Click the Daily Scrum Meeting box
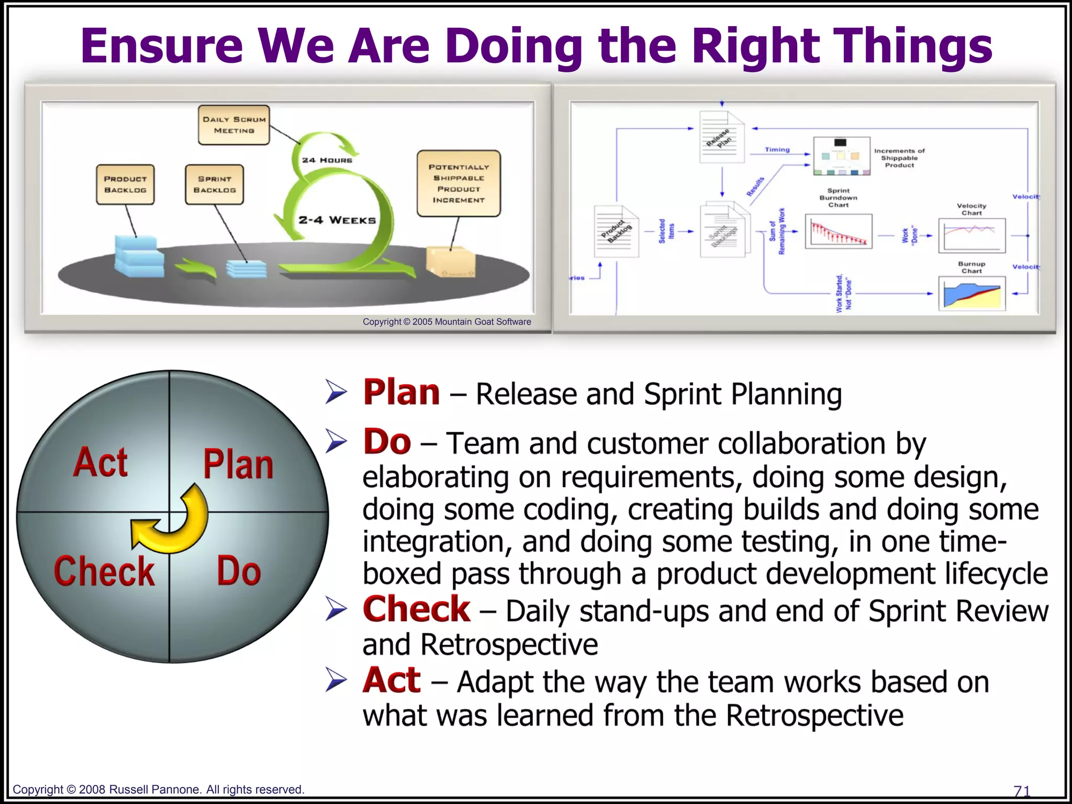point(233,125)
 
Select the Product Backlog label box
point(125,184)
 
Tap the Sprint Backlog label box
point(214,184)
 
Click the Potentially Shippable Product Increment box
point(459,183)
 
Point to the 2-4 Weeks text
point(337,220)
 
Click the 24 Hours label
point(327,160)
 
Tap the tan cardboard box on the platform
point(451,261)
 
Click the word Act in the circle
point(100,463)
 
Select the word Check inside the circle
point(104,571)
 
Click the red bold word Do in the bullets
point(387,442)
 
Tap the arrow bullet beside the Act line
point(336,680)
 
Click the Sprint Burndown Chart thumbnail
point(839,231)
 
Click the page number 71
point(1021,790)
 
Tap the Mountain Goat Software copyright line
point(446,322)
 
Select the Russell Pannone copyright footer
point(158,789)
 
